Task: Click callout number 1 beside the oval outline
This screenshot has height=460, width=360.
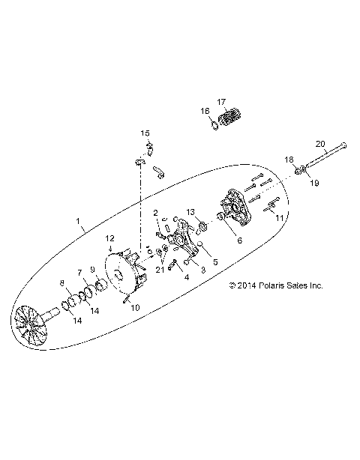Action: pyautogui.click(x=80, y=222)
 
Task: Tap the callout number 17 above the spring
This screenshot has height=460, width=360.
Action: pyautogui.click(x=221, y=102)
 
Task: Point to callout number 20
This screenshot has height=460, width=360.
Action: pyautogui.click(x=319, y=143)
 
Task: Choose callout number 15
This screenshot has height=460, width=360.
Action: pyautogui.click(x=146, y=133)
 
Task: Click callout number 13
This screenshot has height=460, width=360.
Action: pyautogui.click(x=190, y=213)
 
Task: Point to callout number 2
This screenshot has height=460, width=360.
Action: pyautogui.click(x=156, y=213)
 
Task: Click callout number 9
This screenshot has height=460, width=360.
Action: pyautogui.click(x=93, y=270)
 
